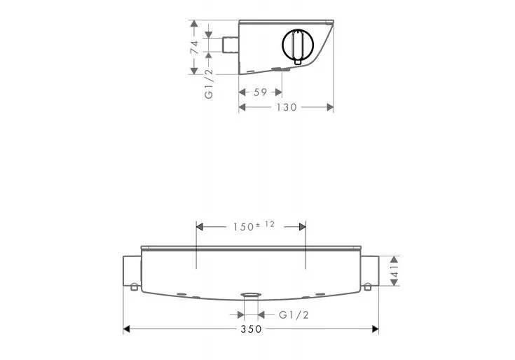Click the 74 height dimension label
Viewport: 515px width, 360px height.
click(x=195, y=47)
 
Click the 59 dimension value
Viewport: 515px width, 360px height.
click(x=260, y=92)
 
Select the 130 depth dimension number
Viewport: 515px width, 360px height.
click(x=287, y=107)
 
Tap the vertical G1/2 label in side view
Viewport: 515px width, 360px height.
click(x=209, y=83)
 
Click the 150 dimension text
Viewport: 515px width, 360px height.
click(x=243, y=227)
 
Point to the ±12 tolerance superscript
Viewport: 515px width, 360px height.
click(x=266, y=224)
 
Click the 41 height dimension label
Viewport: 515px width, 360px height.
click(x=394, y=271)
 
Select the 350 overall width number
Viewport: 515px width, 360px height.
click(x=252, y=328)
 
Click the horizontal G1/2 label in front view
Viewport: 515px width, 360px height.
click(x=294, y=315)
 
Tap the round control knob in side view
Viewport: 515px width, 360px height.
click(x=298, y=45)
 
